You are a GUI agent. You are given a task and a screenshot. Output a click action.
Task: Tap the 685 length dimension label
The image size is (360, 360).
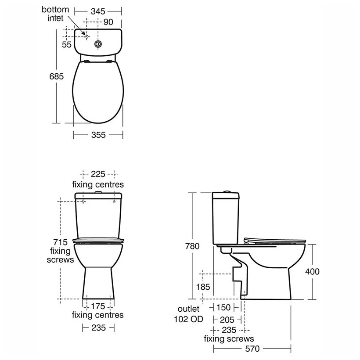57,76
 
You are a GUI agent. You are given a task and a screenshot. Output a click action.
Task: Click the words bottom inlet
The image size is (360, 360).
56,14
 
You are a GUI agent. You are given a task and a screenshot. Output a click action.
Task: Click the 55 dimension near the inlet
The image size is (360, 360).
67,44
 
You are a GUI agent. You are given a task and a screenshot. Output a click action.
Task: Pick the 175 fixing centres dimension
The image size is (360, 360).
98,306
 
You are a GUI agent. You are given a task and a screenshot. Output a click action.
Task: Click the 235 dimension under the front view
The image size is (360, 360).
98,327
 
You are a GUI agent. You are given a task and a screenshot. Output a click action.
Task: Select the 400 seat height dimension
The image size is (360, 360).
312,271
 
